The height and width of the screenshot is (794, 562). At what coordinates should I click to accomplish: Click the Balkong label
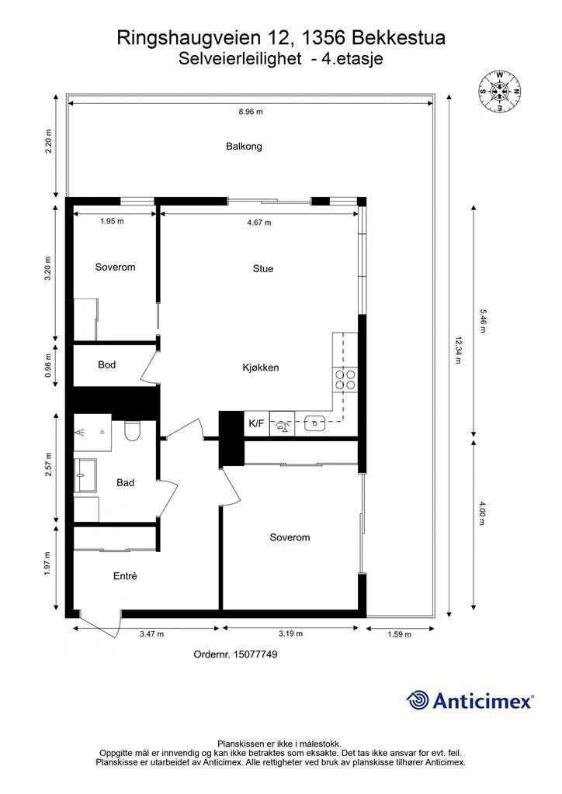(x=244, y=147)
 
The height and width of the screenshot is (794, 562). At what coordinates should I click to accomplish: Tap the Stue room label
(x=263, y=269)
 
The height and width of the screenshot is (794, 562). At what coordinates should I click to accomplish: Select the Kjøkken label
(x=261, y=368)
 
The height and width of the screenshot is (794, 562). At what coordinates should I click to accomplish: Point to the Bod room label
(x=107, y=364)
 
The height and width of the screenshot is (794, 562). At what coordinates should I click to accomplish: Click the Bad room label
(x=125, y=483)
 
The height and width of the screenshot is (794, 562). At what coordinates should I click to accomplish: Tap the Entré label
(x=125, y=576)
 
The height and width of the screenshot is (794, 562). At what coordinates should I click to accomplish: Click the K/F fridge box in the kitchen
(x=257, y=423)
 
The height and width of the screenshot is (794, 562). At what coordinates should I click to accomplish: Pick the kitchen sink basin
(x=314, y=423)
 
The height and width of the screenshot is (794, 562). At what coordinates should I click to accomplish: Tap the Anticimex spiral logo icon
(x=418, y=701)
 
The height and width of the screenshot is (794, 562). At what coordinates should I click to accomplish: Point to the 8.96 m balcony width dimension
(x=251, y=112)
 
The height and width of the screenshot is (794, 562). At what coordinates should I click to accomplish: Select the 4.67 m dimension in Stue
(x=259, y=223)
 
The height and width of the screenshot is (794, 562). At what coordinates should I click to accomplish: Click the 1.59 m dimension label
(x=399, y=634)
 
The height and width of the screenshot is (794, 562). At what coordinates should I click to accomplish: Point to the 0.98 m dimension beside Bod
(x=49, y=365)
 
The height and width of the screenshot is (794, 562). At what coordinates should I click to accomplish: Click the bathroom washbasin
(x=85, y=475)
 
